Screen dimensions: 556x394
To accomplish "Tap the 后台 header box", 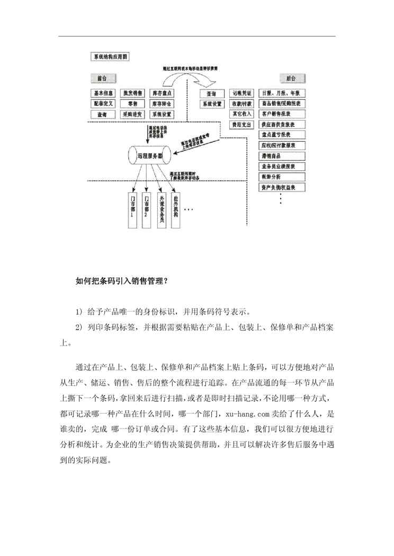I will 290,78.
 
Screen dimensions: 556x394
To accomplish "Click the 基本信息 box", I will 103,93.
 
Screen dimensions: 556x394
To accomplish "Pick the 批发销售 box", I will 132,93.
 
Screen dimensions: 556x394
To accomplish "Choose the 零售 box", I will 132,104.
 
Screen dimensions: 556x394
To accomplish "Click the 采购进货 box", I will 132,114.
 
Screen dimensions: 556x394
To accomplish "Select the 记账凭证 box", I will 241,93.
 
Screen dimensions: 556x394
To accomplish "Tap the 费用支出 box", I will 241,125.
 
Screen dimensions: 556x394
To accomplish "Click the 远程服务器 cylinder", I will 150,156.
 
